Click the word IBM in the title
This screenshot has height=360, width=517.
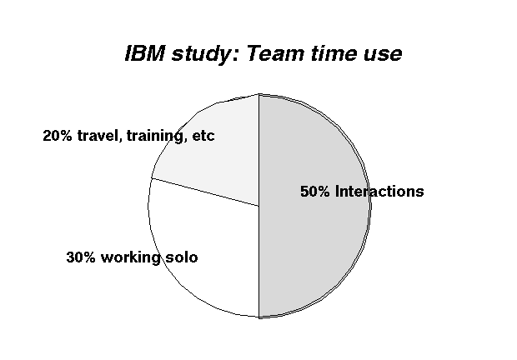click(x=145, y=53)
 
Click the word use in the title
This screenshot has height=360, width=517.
click(x=383, y=55)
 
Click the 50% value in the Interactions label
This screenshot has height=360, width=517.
click(x=314, y=192)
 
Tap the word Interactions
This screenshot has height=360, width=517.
click(x=379, y=192)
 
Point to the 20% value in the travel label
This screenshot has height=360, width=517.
click(x=57, y=135)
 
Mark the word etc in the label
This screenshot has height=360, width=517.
click(x=203, y=136)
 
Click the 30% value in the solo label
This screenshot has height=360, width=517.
click(x=80, y=257)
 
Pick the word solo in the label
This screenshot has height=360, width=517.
click(x=182, y=257)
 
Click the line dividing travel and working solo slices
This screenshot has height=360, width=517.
click(x=205, y=192)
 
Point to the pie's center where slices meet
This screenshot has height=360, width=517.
click(x=259, y=206)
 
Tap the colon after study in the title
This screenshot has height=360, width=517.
click(x=235, y=56)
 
